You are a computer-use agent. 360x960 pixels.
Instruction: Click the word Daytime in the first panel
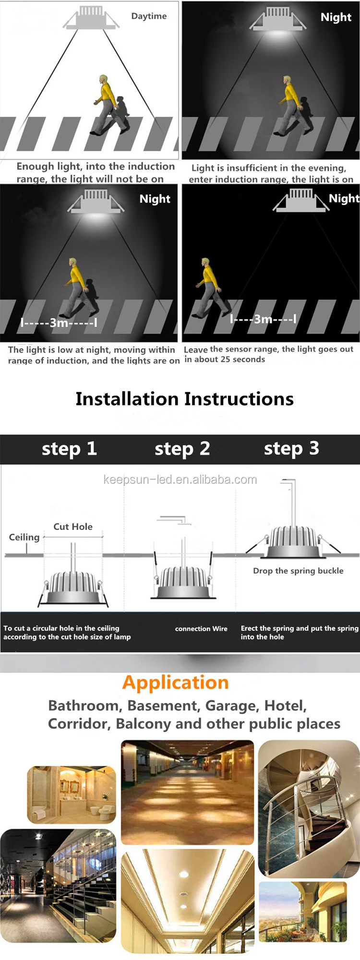pos(149,16)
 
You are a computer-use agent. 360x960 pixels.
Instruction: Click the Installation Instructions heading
pos(184,399)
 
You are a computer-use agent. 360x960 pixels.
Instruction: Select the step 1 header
pos(69,449)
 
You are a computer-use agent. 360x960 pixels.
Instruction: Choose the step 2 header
pos(182,449)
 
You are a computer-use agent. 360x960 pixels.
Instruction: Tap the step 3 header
pos(291,449)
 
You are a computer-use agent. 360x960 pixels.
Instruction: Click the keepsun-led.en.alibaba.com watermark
pos(180,480)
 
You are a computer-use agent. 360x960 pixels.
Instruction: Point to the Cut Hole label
pos(73,527)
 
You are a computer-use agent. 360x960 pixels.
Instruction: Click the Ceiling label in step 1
pos(24,537)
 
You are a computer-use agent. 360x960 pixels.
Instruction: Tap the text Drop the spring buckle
pos(298,571)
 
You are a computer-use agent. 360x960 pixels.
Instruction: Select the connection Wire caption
pos(201,629)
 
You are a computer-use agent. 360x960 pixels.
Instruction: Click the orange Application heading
pos(175,683)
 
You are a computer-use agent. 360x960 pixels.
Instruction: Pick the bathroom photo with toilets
pos(72,795)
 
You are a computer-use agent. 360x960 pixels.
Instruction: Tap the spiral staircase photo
pos(309,809)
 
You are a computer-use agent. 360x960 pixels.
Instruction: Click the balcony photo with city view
pos(303,912)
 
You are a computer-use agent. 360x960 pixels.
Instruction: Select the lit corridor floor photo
pos(187,792)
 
